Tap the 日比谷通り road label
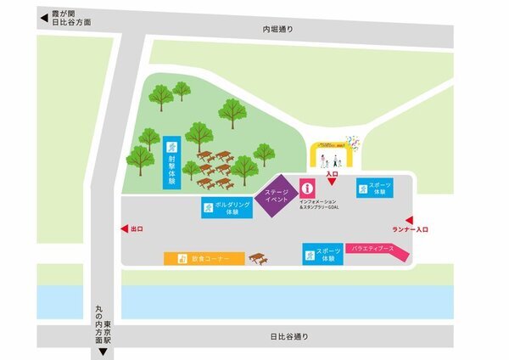click(x=288, y=336)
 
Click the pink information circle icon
click(x=308, y=188)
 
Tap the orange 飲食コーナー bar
click(x=204, y=258)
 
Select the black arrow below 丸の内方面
click(x=102, y=352)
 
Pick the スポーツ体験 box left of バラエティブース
click(x=323, y=254)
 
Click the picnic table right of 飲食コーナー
click(x=258, y=256)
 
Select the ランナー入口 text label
click(x=410, y=229)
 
